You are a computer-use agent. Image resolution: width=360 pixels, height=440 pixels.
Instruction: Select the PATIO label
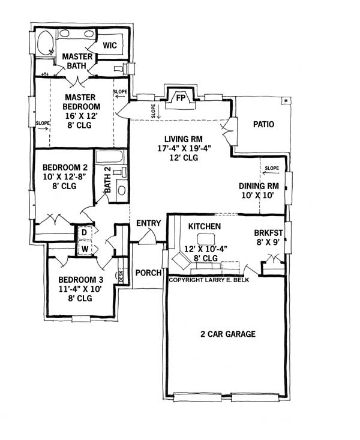[x=263, y=125]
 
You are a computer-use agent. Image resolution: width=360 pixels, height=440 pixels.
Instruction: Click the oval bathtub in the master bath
[x=45, y=44]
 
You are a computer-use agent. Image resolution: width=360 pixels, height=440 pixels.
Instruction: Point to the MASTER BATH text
[x=77, y=61]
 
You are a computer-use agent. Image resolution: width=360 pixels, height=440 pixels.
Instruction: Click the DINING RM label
[x=259, y=185]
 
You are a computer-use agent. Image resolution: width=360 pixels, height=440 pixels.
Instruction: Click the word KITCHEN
[x=205, y=226]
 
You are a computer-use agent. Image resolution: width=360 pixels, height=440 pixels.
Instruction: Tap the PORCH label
[x=148, y=273]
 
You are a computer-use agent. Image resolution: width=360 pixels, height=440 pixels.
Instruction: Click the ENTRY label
[x=148, y=223]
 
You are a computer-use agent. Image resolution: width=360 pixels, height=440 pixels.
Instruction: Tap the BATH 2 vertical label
[x=108, y=180]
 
